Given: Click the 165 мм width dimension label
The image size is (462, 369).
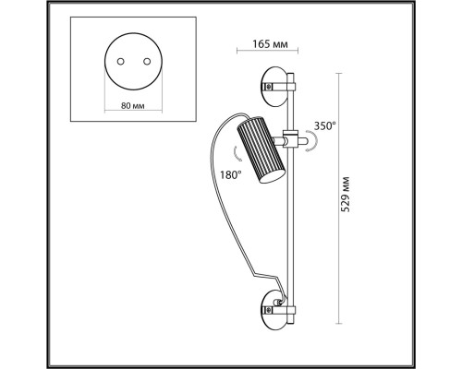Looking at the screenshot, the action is pyautogui.click(x=270, y=44).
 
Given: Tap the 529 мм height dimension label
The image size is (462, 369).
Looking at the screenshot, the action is pyautogui.click(x=346, y=195).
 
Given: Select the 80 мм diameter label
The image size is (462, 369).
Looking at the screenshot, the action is pyautogui.click(x=132, y=106).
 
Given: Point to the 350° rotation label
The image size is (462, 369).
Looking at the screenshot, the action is pyautogui.click(x=324, y=125).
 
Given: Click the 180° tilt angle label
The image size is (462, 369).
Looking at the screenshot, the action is pyautogui.click(x=230, y=175).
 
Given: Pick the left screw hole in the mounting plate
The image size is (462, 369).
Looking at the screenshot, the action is pyautogui.click(x=121, y=62).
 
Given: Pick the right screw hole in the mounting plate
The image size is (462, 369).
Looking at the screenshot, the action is pyautogui.click(x=147, y=62).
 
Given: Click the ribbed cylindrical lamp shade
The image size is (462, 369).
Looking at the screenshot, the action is pyautogui.click(x=261, y=150).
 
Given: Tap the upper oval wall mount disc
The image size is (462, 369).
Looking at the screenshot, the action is pyautogui.click(x=274, y=87).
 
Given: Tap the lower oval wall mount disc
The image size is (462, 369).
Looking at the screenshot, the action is pyautogui.click(x=274, y=309).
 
